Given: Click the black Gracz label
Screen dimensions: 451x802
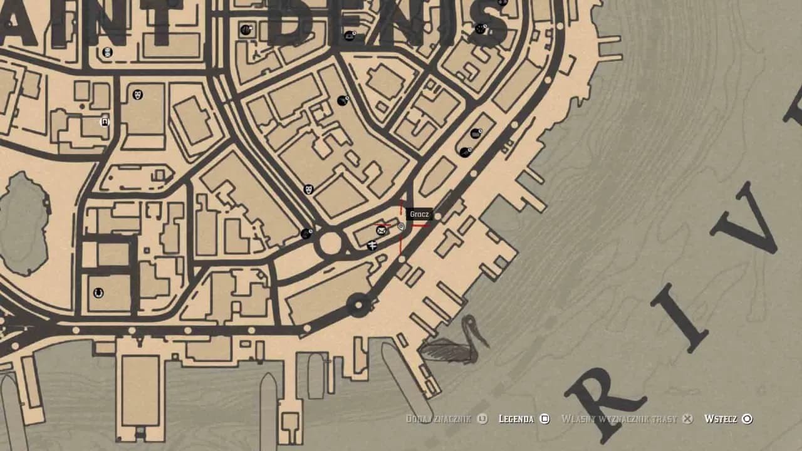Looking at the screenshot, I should (x=419, y=214).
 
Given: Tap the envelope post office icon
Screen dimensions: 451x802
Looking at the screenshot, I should (x=381, y=231).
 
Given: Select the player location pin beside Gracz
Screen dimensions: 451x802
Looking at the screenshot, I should (x=401, y=227).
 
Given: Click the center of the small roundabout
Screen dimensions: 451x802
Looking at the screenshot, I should (x=330, y=244).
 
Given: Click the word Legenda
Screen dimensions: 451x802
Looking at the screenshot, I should (x=516, y=418).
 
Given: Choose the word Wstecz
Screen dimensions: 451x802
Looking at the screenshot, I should (x=721, y=418).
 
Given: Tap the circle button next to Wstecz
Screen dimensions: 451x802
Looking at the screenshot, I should (x=747, y=418).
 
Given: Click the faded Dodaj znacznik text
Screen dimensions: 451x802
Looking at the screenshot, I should (x=438, y=418).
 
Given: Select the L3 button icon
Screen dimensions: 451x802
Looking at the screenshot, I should (x=482, y=418).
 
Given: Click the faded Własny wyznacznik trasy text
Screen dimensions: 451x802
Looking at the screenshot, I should (x=619, y=418).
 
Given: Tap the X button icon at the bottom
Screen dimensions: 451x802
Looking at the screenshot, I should (x=687, y=418).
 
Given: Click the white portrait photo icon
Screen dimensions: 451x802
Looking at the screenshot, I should (x=105, y=122).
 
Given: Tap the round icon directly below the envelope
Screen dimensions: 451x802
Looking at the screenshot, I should (x=372, y=246).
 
